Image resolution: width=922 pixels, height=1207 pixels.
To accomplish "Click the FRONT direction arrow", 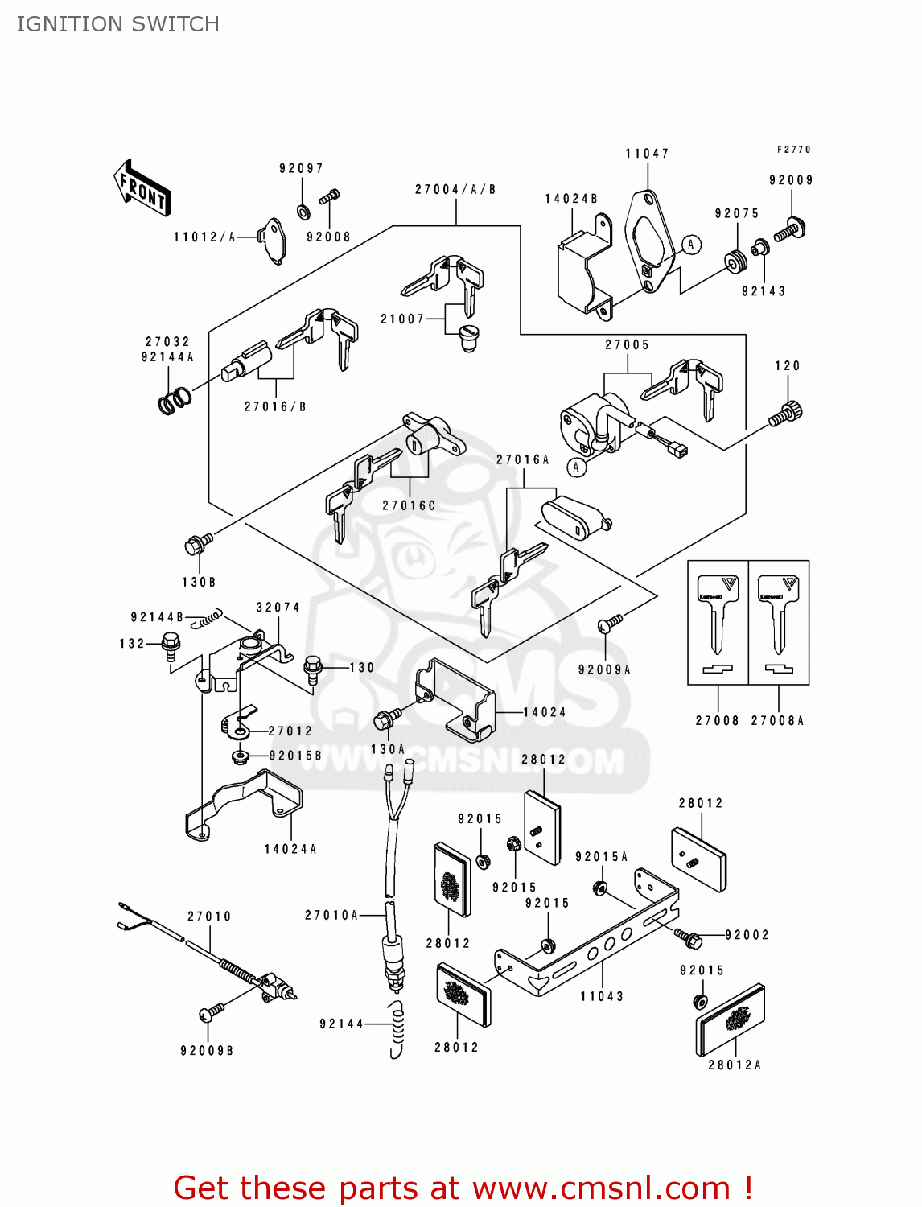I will pyautogui.click(x=143, y=188).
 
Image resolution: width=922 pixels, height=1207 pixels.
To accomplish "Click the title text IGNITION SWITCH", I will pyautogui.click(x=117, y=24).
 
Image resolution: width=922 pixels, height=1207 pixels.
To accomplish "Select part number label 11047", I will pyautogui.click(x=647, y=154).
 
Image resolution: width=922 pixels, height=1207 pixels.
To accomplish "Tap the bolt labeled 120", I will pyautogui.click(x=786, y=414).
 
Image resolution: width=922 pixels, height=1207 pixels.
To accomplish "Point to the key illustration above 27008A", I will pyautogui.click(x=779, y=616).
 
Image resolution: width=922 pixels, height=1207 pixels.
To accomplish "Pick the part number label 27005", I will pyautogui.click(x=628, y=345).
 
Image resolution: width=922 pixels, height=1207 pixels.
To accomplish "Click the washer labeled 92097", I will pyautogui.click(x=303, y=212).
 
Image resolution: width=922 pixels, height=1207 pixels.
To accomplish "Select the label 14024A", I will pyautogui.click(x=290, y=849).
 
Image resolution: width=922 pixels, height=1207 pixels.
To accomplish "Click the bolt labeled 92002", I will pyautogui.click(x=688, y=937).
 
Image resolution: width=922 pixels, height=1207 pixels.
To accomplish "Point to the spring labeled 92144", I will pyautogui.click(x=397, y=1030).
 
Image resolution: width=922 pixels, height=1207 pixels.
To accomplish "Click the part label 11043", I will pyautogui.click(x=602, y=996).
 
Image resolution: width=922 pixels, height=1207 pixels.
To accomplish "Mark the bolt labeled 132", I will pyautogui.click(x=171, y=645).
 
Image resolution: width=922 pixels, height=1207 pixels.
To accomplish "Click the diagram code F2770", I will pyautogui.click(x=793, y=150).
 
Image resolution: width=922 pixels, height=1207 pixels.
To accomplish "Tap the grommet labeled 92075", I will pyautogui.click(x=735, y=262).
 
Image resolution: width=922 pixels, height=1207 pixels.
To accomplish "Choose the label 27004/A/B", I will pyautogui.click(x=455, y=190).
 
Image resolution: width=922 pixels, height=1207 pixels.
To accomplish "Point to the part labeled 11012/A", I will pyautogui.click(x=273, y=239).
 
